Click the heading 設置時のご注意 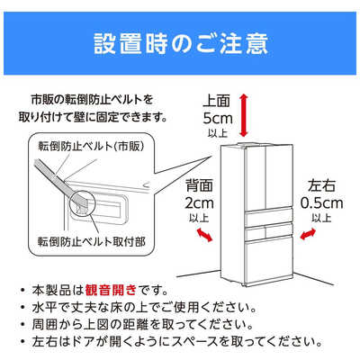click(180, 42)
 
